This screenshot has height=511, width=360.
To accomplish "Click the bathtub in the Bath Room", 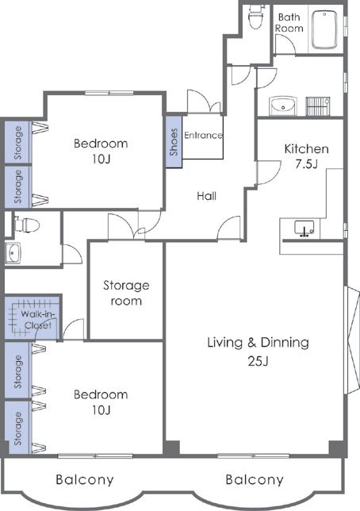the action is click(324, 30).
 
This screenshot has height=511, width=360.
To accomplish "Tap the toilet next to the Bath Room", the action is click(255, 17).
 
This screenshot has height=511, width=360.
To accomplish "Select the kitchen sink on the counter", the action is click(304, 228).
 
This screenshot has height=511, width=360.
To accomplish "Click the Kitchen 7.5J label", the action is click(306, 156).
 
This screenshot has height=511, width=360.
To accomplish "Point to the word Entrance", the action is click(203, 135).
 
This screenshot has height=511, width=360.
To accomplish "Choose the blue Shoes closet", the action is click(174, 142).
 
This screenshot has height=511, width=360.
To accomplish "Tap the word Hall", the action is click(206, 196).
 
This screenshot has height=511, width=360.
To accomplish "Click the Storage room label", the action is click(126, 293).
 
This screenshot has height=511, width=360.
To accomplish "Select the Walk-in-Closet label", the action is click(38, 320).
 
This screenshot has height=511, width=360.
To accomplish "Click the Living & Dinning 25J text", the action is click(258, 352).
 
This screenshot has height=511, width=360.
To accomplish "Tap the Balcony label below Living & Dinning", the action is click(255, 479).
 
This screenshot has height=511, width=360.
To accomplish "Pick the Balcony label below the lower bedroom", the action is click(85, 479).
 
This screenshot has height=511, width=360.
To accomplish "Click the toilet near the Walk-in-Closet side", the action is click(27, 225).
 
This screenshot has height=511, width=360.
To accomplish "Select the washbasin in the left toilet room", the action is click(13, 252).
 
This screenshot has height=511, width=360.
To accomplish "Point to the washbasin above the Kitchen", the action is click(283, 106).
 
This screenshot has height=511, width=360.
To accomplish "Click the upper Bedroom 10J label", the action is click(101, 151).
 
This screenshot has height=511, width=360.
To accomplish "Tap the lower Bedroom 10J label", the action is click(101, 402).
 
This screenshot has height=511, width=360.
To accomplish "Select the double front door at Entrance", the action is click(205, 102).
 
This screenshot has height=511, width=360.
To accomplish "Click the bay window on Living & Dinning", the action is click(352, 340).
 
